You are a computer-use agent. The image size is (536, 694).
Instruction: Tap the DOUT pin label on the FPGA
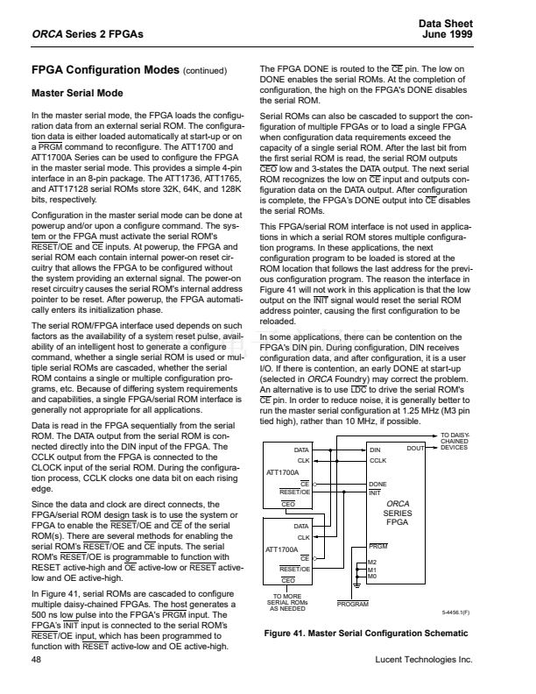416,449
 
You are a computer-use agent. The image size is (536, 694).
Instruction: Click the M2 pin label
372,561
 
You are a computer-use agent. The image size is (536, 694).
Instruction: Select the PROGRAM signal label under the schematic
354,605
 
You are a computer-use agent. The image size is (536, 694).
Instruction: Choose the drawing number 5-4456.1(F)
456,614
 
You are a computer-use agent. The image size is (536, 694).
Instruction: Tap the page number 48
36,657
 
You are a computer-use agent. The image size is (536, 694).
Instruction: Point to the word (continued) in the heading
205,71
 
